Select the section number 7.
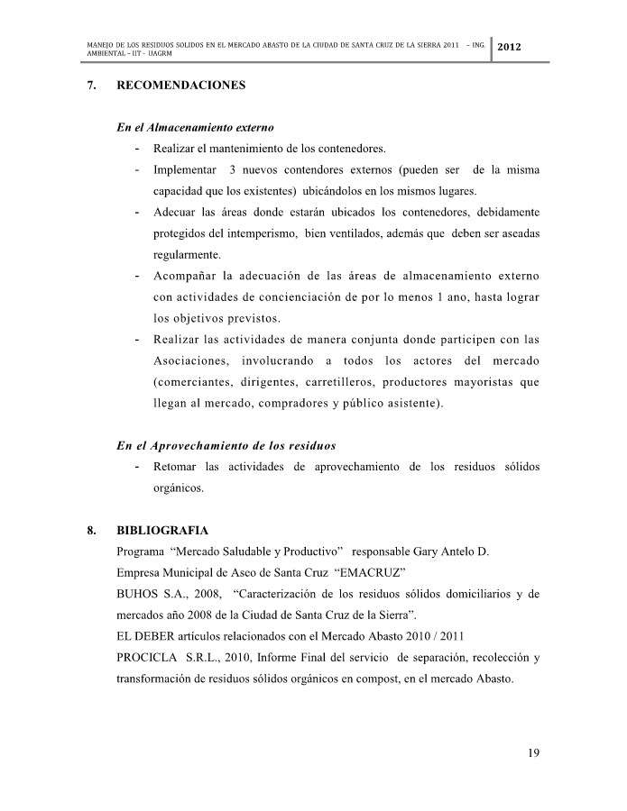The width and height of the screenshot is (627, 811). (x=91, y=87)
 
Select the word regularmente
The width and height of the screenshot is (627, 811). (x=188, y=255)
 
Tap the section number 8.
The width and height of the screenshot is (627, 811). (x=91, y=531)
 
